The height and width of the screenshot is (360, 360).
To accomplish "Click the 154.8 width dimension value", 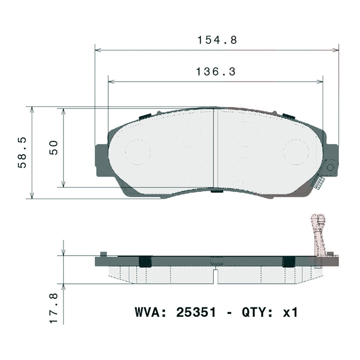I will point(217,40).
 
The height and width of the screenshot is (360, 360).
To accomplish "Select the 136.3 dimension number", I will point(216,72).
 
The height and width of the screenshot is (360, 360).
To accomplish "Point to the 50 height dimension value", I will point(54,148).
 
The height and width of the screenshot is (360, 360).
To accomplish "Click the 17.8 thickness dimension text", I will point(54,308).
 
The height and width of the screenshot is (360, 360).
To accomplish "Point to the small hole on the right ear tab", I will point(331,167).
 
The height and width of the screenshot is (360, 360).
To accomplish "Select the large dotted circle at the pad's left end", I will point(138,151).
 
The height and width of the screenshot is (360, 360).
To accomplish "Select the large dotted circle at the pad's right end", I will point(296,151).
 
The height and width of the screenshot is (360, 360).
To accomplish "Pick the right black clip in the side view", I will point(288,261).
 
